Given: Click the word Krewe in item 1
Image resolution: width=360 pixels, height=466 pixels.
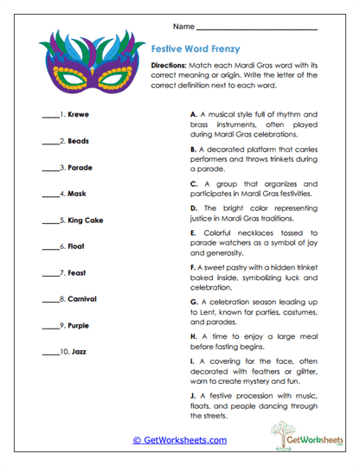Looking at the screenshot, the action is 78,113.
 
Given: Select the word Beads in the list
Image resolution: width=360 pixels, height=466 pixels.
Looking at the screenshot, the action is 78,140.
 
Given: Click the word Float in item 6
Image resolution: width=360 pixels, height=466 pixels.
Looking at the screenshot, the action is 76,246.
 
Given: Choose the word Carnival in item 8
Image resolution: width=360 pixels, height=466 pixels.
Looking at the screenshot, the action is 81,299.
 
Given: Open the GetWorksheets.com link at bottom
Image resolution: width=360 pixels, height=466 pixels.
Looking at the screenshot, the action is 180,440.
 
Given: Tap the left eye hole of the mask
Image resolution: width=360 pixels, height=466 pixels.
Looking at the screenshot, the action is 67,76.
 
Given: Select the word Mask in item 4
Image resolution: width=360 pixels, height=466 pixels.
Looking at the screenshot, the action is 76,193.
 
